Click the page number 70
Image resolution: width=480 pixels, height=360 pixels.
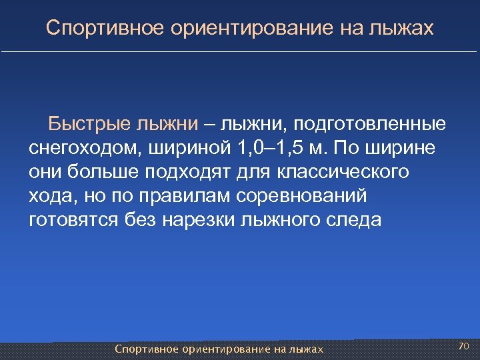(464, 346)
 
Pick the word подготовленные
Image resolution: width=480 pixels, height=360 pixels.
(370, 124)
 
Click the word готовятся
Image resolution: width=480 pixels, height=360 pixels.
(74, 220)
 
